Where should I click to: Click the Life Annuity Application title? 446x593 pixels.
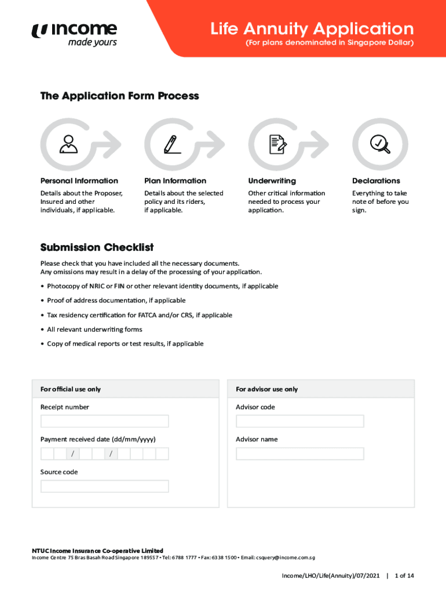[x=312, y=28]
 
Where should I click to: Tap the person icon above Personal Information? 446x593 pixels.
[x=68, y=144]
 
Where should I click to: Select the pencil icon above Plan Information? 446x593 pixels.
[x=172, y=144]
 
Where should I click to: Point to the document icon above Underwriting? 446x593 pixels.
[x=277, y=144]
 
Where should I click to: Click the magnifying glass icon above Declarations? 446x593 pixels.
[x=380, y=143]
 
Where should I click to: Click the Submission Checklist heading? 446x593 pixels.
[x=97, y=247]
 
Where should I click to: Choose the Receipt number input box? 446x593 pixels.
[x=104, y=421]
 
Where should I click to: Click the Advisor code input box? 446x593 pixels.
[x=299, y=421]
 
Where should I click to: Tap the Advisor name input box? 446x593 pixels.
[x=299, y=453]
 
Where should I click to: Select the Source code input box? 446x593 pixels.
[x=104, y=486]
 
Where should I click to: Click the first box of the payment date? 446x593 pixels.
[x=47, y=453]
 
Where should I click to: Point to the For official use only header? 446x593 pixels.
[x=70, y=389]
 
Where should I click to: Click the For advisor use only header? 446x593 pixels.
[x=266, y=389]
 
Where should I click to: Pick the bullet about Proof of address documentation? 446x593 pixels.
[x=116, y=301]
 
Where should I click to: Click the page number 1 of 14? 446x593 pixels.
[x=404, y=576]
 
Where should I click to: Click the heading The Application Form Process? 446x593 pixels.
[x=119, y=96]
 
